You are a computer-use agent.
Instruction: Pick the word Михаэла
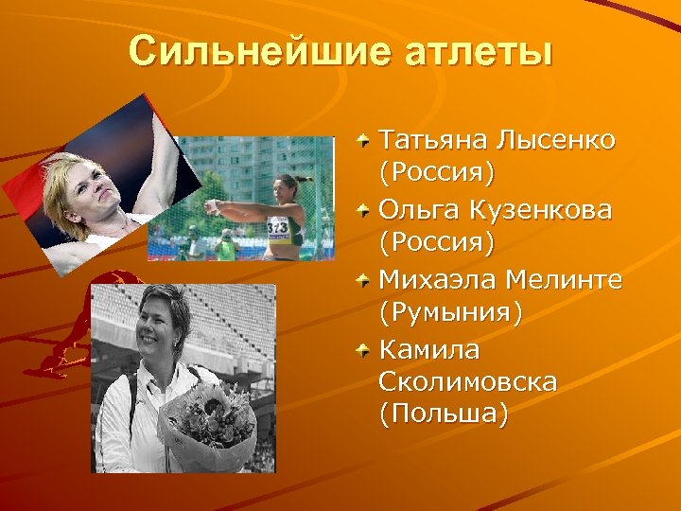438,279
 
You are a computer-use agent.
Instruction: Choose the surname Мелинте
565,279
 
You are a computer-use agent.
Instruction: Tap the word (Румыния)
449,313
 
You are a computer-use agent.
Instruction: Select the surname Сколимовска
467,382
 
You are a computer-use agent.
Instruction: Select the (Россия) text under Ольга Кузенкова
436,244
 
